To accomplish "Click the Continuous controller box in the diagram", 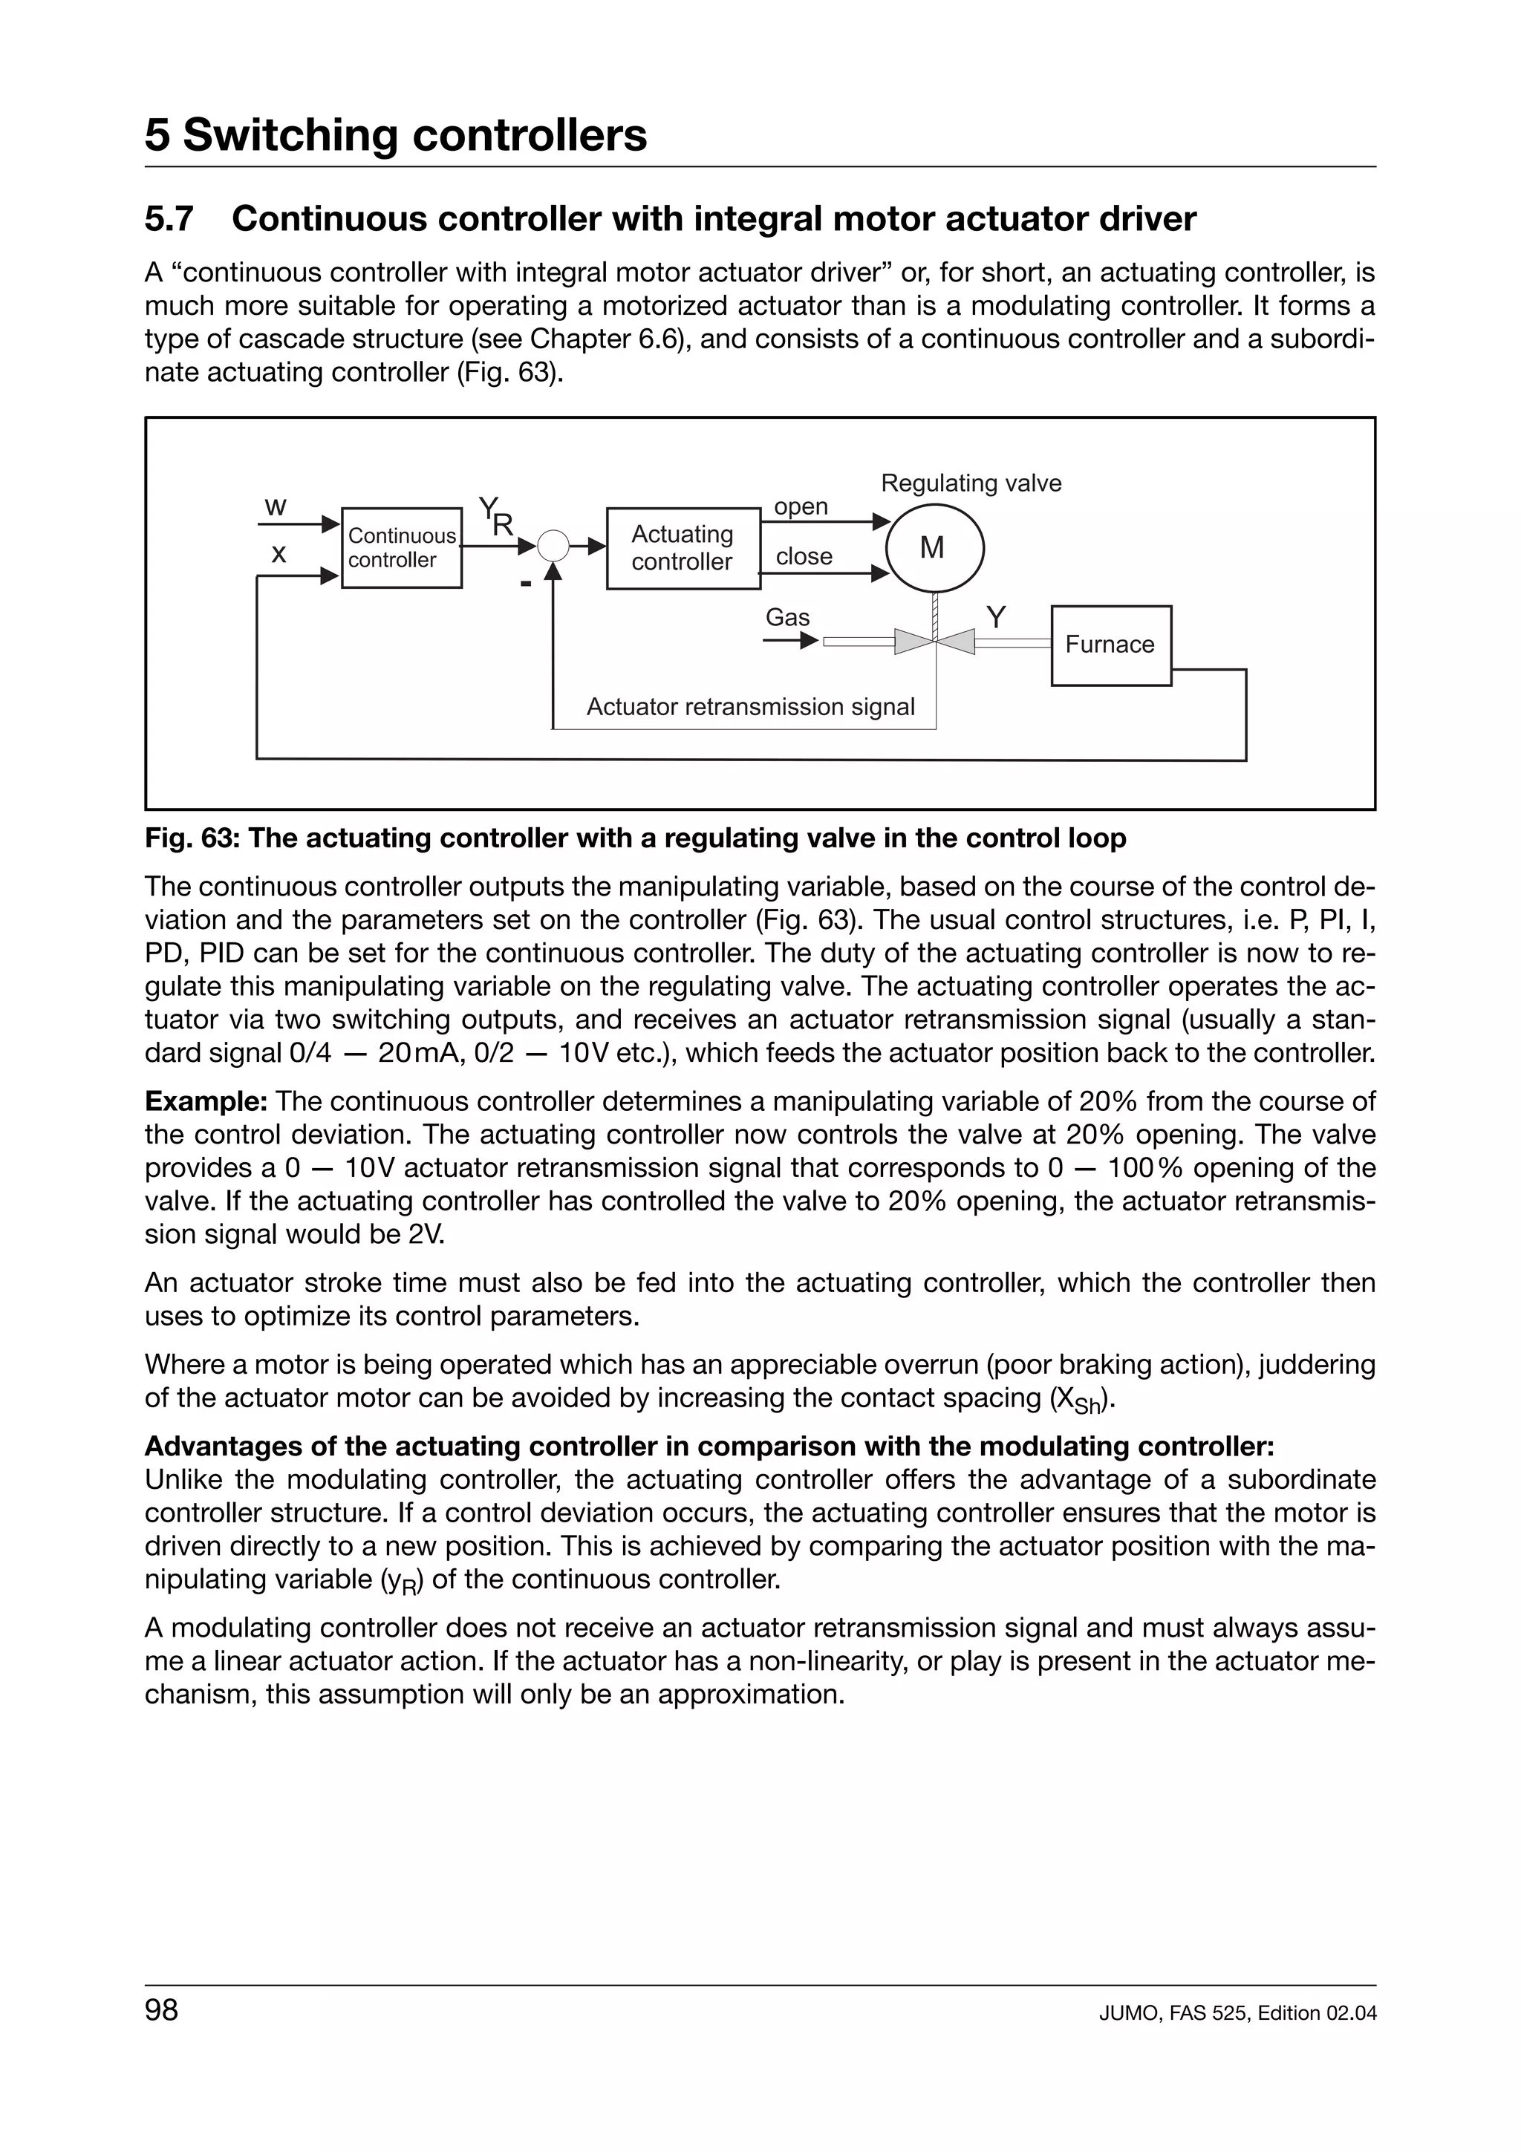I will tap(401, 547).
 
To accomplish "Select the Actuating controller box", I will tap(683, 547).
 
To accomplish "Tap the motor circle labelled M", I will tap(933, 548).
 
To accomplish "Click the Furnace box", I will tap(1110, 645).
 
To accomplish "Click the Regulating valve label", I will tap(971, 483).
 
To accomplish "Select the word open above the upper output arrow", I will tap(801, 507).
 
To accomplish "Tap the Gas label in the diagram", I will tap(787, 618).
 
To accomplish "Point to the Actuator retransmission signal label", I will tap(749, 707).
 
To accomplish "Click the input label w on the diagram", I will tap(275, 507).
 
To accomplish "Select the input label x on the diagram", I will tap(279, 554).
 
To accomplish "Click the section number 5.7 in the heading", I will tap(169, 219).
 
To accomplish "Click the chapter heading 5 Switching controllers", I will tap(396, 135).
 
